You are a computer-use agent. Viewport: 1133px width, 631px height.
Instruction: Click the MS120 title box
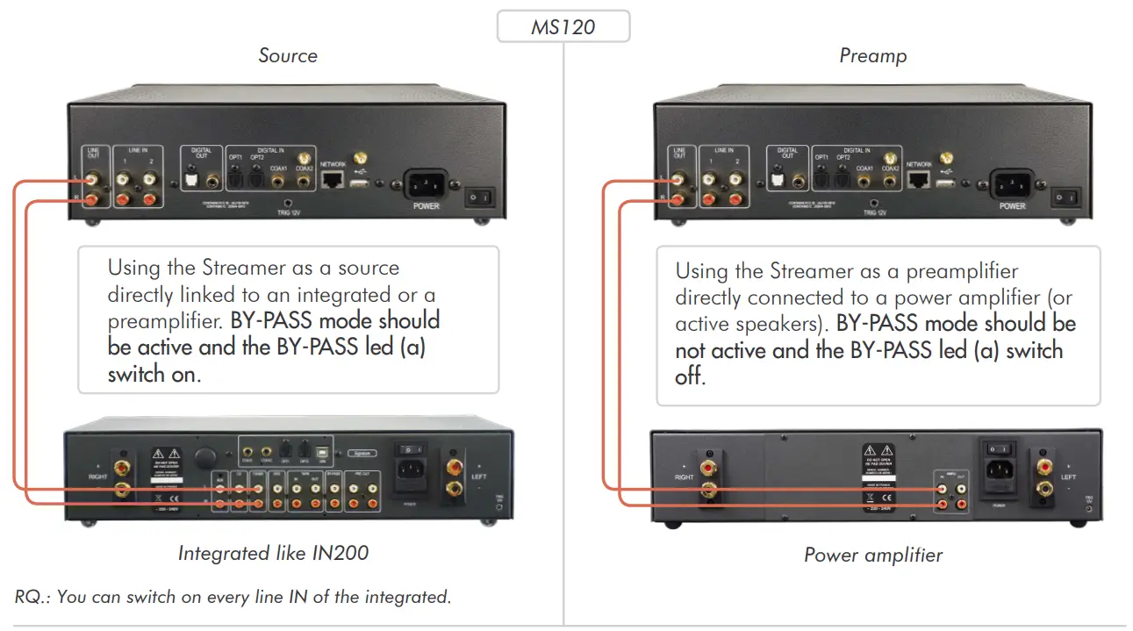563,27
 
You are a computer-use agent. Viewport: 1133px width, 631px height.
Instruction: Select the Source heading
287,56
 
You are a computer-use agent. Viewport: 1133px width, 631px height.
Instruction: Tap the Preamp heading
872,56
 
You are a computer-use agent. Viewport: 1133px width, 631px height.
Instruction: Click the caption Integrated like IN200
273,553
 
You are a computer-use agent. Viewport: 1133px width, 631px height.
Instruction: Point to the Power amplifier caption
873,555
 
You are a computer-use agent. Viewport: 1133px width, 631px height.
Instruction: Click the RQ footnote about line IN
233,597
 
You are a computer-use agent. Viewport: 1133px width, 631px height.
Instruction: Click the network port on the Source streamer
333,180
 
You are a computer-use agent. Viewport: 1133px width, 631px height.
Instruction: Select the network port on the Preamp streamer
919,180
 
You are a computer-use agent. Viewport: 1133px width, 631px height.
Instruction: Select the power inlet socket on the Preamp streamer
1011,185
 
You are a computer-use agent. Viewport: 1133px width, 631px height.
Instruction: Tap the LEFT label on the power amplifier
1068,478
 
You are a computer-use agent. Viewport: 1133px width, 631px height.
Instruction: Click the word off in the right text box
690,377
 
